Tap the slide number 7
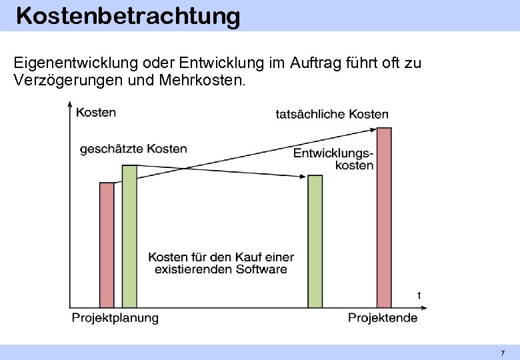pyautogui.click(x=503, y=353)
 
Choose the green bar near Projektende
pyautogui.click(x=315, y=241)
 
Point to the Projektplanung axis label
pyautogui.click(x=115, y=318)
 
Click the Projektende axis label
pyautogui.click(x=382, y=318)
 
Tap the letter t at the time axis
pyautogui.click(x=419, y=295)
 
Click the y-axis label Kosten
pyautogui.click(x=96, y=113)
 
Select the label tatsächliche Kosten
pyautogui.click(x=331, y=115)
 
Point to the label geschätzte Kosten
pyautogui.click(x=133, y=149)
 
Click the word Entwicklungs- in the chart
pyautogui.click(x=333, y=154)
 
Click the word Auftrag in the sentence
pyautogui.click(x=315, y=63)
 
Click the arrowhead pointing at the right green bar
pyautogui.click(x=302, y=177)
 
